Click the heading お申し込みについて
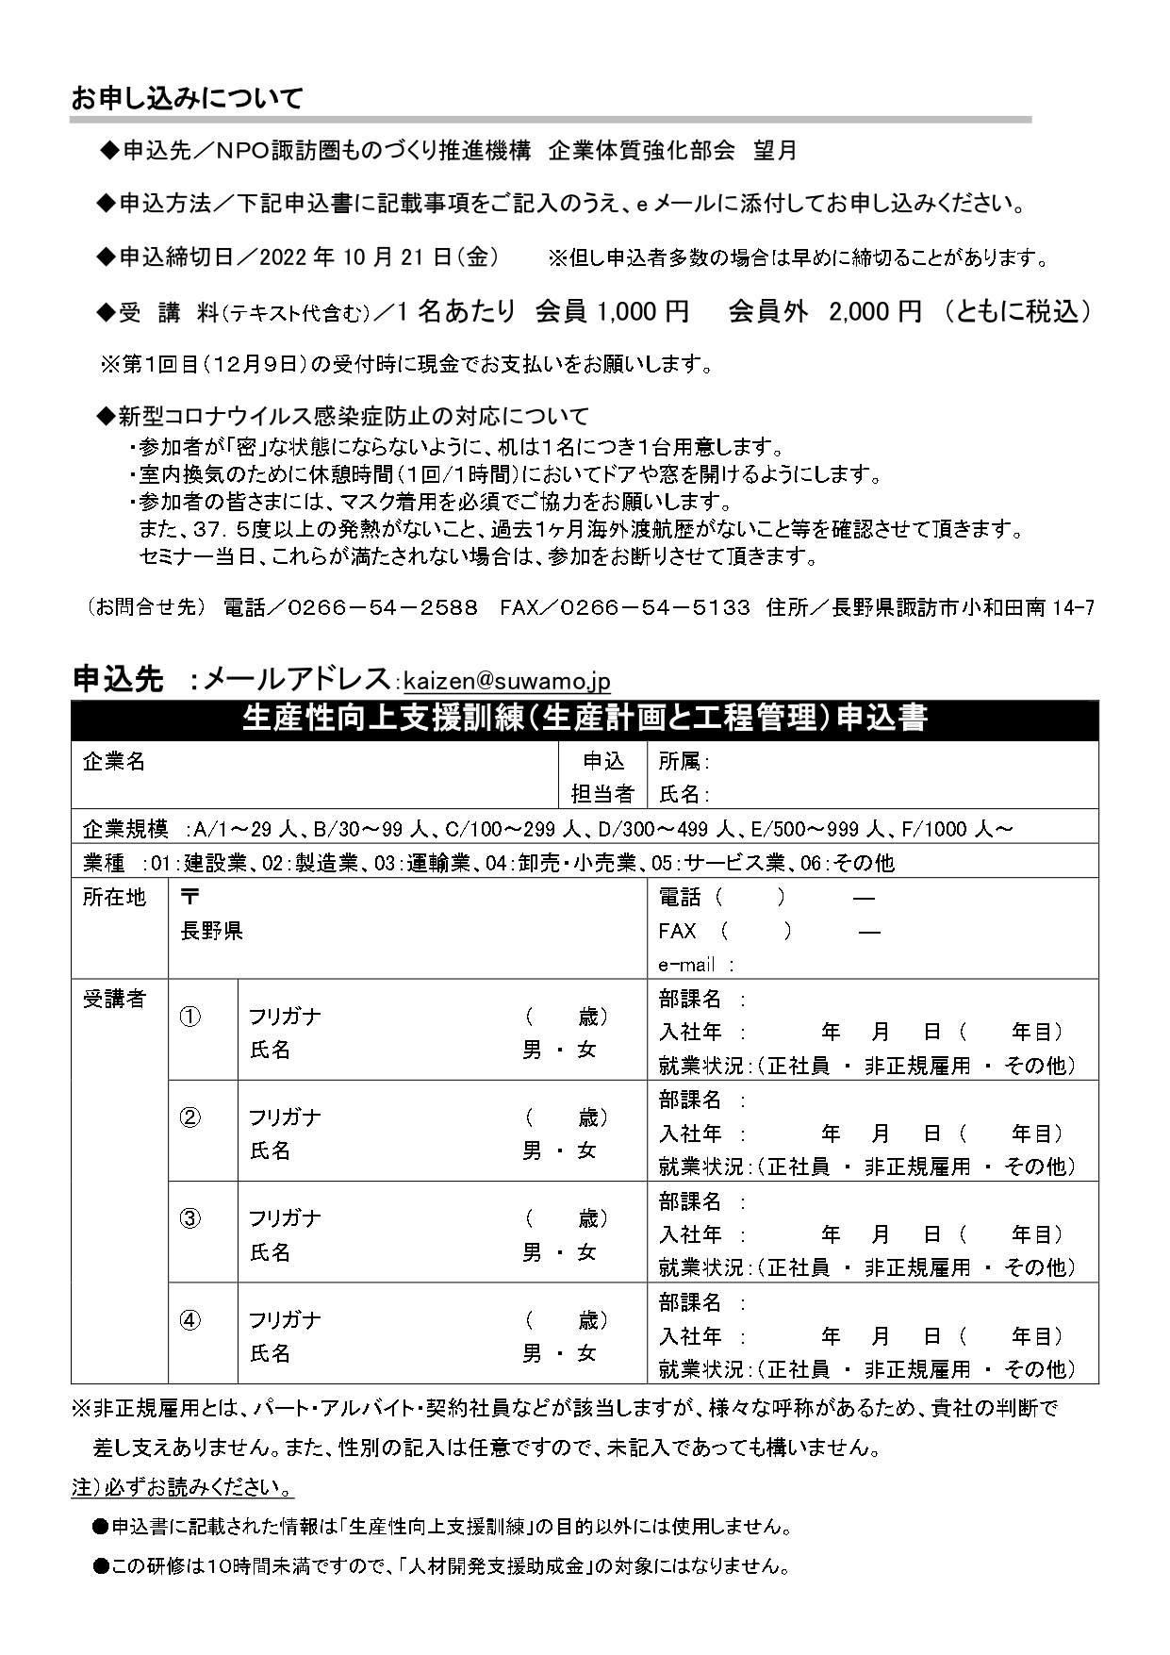click(187, 98)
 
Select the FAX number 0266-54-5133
click(655, 607)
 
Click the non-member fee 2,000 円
click(874, 312)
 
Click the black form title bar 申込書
click(585, 719)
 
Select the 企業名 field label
click(114, 762)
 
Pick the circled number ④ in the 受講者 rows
click(190, 1321)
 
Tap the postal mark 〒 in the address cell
click(190, 896)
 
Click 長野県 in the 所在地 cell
click(212, 932)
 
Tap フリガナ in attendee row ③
click(285, 1218)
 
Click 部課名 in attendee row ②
click(690, 1100)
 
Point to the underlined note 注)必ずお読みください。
click(183, 1488)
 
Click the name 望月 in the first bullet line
click(775, 150)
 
